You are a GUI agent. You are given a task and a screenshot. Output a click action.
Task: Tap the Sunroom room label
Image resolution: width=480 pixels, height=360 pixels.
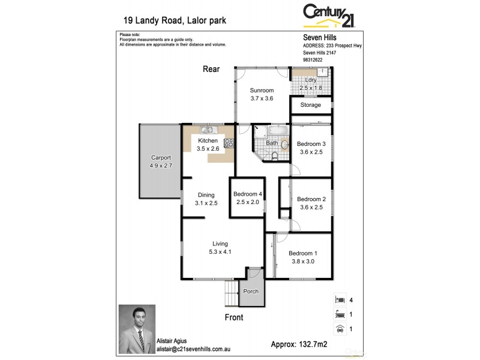[x=262, y=90]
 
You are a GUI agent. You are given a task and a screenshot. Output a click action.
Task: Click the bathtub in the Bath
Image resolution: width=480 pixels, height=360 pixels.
[x=278, y=130]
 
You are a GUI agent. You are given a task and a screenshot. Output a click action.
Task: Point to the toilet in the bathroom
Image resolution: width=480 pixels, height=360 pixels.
[x=275, y=155]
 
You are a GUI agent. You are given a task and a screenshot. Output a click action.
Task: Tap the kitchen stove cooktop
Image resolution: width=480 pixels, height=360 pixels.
[x=229, y=143]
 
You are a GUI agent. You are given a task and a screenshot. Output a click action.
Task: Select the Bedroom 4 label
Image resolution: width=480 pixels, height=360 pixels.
[x=248, y=194]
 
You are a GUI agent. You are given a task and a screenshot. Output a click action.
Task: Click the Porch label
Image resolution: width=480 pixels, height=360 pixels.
[x=251, y=292]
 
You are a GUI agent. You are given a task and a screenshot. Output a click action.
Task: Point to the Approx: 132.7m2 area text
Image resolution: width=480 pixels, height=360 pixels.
[x=300, y=344]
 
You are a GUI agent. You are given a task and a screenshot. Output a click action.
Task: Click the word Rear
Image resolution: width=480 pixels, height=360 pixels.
[x=211, y=70]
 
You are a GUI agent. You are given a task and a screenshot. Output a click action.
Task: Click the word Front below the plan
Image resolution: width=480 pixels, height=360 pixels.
[x=233, y=317]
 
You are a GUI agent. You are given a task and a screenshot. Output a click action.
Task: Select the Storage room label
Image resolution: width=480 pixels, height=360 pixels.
[x=311, y=105]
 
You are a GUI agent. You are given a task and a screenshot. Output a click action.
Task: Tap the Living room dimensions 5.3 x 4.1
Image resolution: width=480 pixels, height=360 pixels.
[x=220, y=252]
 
